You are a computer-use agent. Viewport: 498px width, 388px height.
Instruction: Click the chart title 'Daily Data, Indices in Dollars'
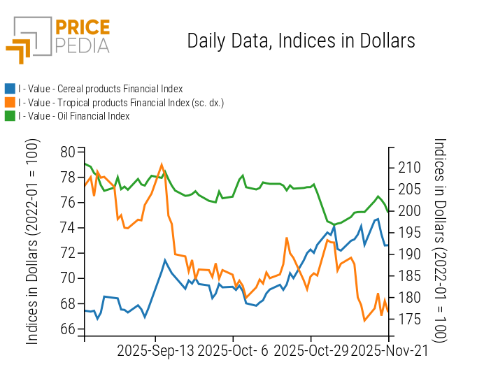pos(301,41)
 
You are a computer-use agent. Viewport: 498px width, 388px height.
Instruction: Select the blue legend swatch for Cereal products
pos(10,89)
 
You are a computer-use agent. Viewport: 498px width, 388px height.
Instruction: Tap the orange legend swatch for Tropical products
pos(10,103)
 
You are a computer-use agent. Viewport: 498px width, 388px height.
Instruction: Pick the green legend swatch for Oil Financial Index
pos(10,116)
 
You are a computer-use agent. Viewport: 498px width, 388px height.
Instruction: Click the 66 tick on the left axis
pos(68,329)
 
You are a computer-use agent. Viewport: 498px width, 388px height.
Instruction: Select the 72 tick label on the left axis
pos(68,253)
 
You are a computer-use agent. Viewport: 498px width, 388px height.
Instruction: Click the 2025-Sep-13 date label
pos(155,351)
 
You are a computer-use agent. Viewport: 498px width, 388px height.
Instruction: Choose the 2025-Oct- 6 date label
pos(233,351)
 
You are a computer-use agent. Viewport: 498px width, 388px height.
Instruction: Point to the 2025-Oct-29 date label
pos(310,351)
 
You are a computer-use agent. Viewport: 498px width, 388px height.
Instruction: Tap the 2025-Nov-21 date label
pos(389,351)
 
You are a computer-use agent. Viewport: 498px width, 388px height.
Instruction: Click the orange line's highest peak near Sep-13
pos(162,165)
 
